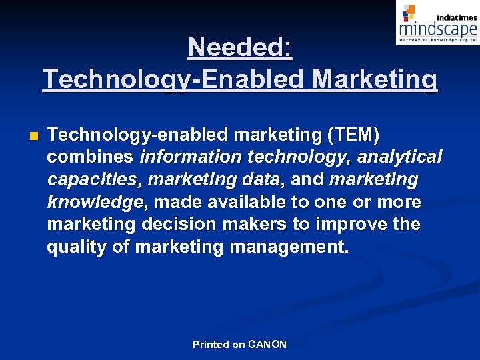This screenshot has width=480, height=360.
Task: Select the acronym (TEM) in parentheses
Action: coord(353,135)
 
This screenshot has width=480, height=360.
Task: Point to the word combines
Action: coord(91,157)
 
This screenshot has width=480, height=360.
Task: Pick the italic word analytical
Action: coord(400,157)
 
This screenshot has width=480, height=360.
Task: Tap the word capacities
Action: coord(95,180)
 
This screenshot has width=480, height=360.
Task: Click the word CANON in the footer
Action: coord(267,345)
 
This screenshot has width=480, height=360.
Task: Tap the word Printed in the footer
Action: coord(211,345)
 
